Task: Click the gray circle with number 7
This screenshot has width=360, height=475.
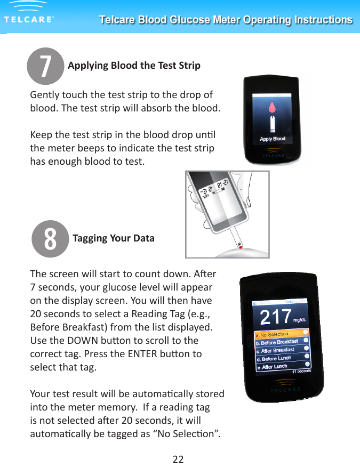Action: coord(45,66)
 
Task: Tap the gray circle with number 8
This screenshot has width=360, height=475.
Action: coord(50,238)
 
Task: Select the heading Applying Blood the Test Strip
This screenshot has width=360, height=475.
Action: coord(134,66)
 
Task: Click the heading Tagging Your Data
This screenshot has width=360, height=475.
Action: coord(113,238)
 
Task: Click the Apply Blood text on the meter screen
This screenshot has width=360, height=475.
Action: coord(273,139)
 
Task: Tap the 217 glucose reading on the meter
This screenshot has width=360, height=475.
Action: coord(275,318)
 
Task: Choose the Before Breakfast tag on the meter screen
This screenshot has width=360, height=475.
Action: coord(278,342)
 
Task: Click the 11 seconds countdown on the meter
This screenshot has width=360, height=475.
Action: coord(300,370)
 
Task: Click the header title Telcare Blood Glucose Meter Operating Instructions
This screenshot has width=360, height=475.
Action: coord(226,20)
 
